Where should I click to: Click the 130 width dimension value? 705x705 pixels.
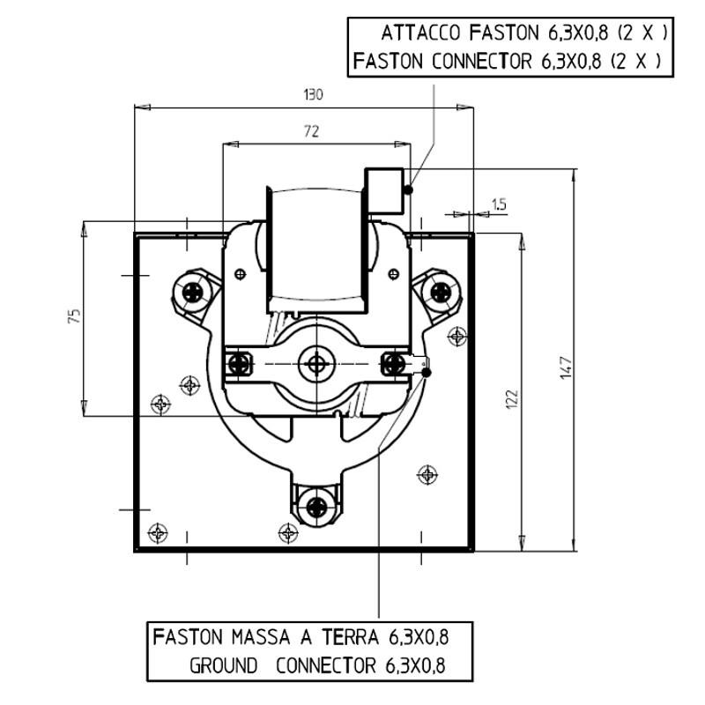coord(313,95)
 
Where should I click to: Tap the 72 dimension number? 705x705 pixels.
coord(311,131)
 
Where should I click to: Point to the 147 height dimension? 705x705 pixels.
coord(567,367)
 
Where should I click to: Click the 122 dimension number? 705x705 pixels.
coord(512,399)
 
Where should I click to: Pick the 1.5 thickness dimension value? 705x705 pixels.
coord(499,204)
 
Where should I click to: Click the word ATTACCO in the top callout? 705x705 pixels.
coord(421,33)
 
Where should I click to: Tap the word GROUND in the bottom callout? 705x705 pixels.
coord(224,665)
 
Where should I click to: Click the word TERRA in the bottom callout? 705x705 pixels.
coord(350,637)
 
